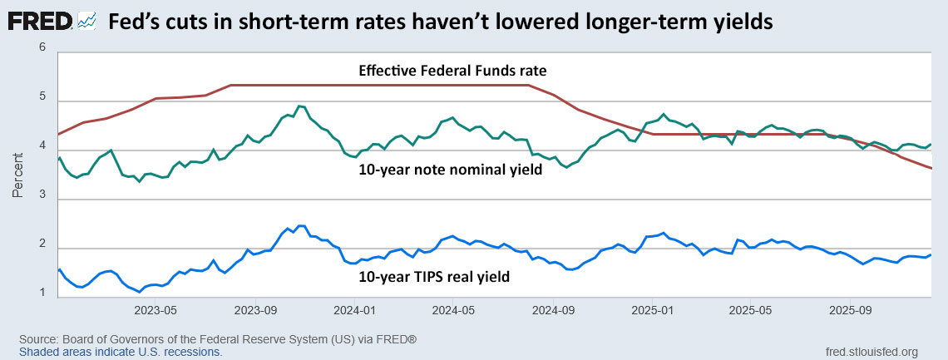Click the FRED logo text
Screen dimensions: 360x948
click(x=41, y=22)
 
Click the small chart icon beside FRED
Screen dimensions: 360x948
click(x=87, y=23)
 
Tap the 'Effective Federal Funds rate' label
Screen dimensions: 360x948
click(x=452, y=71)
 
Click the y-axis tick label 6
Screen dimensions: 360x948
click(x=42, y=49)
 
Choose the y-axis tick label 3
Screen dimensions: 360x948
click(x=42, y=200)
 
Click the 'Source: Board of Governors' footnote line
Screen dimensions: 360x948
click(x=218, y=340)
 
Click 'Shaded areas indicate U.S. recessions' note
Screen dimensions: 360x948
click(x=121, y=352)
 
